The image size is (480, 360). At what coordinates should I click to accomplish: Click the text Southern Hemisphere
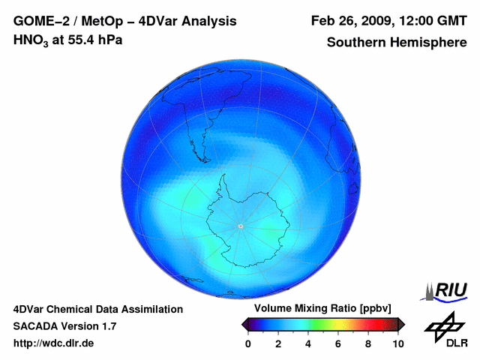(x=397, y=43)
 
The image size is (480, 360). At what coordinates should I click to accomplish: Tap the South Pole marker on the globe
(x=240, y=226)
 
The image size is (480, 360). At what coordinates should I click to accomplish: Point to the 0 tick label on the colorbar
(x=248, y=343)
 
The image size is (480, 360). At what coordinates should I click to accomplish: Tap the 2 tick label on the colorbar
(x=278, y=343)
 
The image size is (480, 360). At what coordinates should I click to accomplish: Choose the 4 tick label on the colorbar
(x=308, y=343)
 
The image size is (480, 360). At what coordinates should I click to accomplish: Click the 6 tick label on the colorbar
(x=338, y=343)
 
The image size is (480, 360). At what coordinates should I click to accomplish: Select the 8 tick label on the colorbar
(x=368, y=343)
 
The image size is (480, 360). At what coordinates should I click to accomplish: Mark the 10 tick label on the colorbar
(x=398, y=343)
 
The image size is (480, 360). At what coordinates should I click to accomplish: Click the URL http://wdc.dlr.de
(x=54, y=343)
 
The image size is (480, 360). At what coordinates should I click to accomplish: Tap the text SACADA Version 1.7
(x=64, y=326)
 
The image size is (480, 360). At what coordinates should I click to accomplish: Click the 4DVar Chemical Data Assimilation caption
(x=97, y=309)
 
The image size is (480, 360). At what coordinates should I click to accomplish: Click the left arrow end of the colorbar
(x=244, y=324)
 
